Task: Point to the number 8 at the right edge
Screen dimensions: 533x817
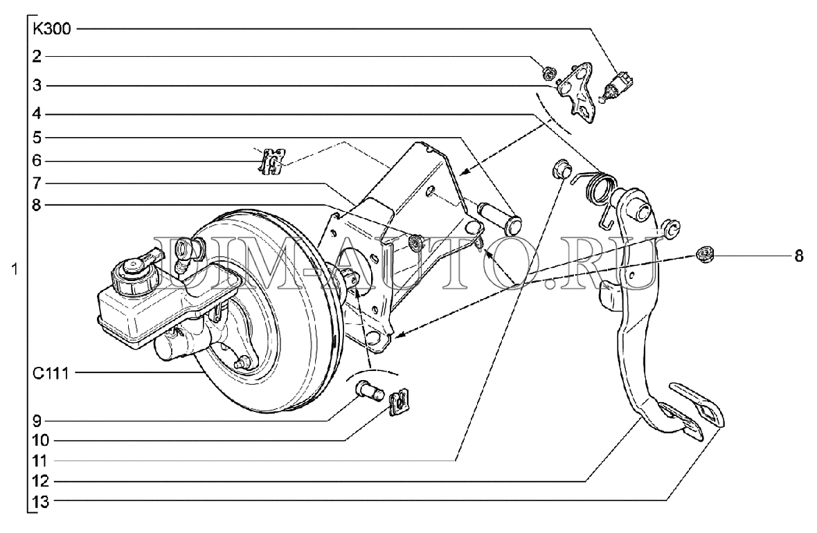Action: (x=798, y=257)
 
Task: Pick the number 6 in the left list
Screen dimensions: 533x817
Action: (x=36, y=161)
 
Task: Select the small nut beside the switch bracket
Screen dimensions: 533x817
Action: (x=547, y=71)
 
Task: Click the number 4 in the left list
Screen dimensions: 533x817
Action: (x=36, y=113)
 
